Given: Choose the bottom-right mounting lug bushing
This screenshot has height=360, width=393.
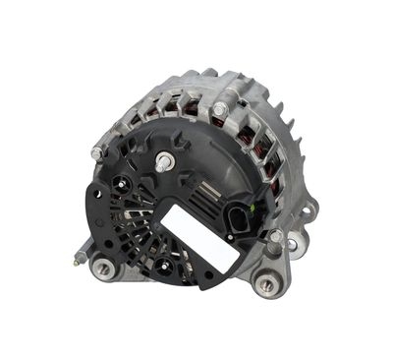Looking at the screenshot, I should click(264, 286).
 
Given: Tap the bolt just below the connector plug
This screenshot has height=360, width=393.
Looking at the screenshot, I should click(276, 236).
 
